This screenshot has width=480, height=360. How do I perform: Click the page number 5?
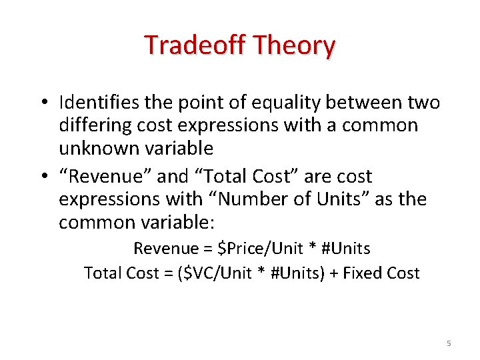449,343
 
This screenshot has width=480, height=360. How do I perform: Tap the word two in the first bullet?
423,103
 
